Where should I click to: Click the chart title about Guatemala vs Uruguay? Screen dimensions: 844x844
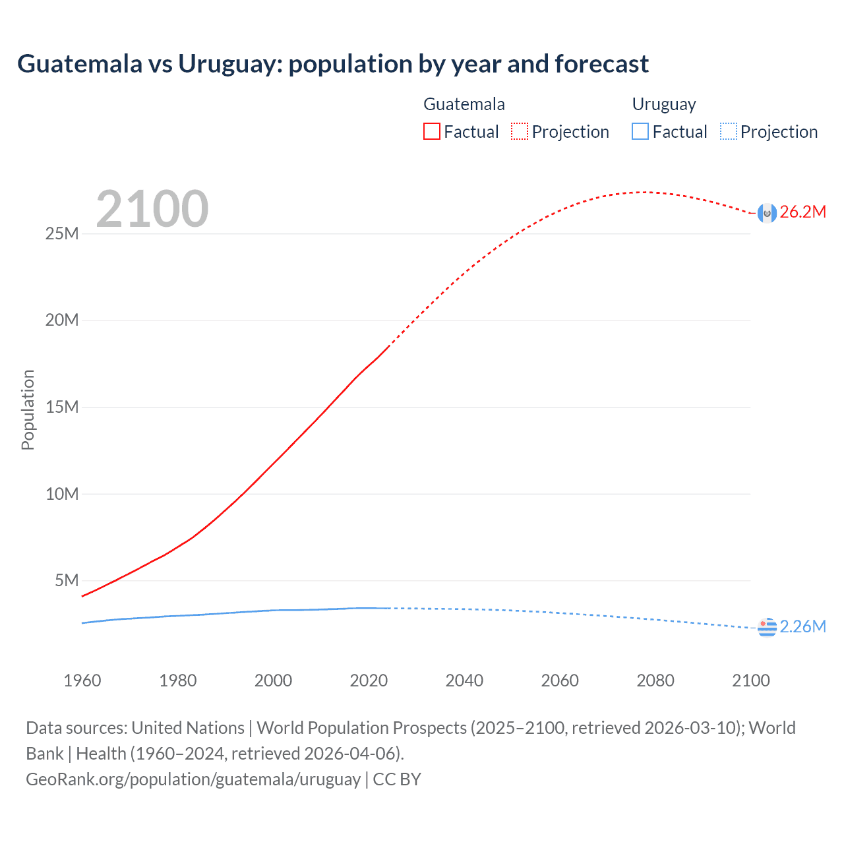coord(333,64)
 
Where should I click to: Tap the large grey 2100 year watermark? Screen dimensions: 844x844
coord(152,209)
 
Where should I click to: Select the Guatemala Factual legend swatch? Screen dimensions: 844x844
coord(431,132)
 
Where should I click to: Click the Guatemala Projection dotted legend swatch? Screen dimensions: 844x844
coord(520,132)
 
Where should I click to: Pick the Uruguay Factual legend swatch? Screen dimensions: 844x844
coord(640,132)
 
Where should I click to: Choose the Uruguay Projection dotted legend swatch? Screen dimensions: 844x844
coord(728,132)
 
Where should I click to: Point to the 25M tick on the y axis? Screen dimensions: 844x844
coord(62,234)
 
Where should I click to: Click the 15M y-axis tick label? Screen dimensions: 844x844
coord(62,407)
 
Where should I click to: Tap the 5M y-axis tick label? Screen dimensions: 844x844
coord(67,580)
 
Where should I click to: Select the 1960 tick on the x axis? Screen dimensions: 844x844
coord(82,680)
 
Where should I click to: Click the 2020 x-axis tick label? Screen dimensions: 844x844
coord(369,680)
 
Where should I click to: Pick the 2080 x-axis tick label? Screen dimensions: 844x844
coord(655,680)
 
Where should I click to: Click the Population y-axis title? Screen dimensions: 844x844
coord(28,409)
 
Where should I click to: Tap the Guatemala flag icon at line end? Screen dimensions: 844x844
coord(767,213)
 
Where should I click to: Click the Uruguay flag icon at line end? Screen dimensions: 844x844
coord(767,628)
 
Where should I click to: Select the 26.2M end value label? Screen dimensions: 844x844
coord(802,212)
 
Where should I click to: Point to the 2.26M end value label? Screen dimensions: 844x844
coord(802,627)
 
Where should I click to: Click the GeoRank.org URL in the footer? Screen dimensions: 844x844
coord(193,779)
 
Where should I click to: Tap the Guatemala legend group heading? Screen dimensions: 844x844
coord(464,104)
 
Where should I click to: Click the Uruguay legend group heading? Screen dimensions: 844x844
coord(664,104)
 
